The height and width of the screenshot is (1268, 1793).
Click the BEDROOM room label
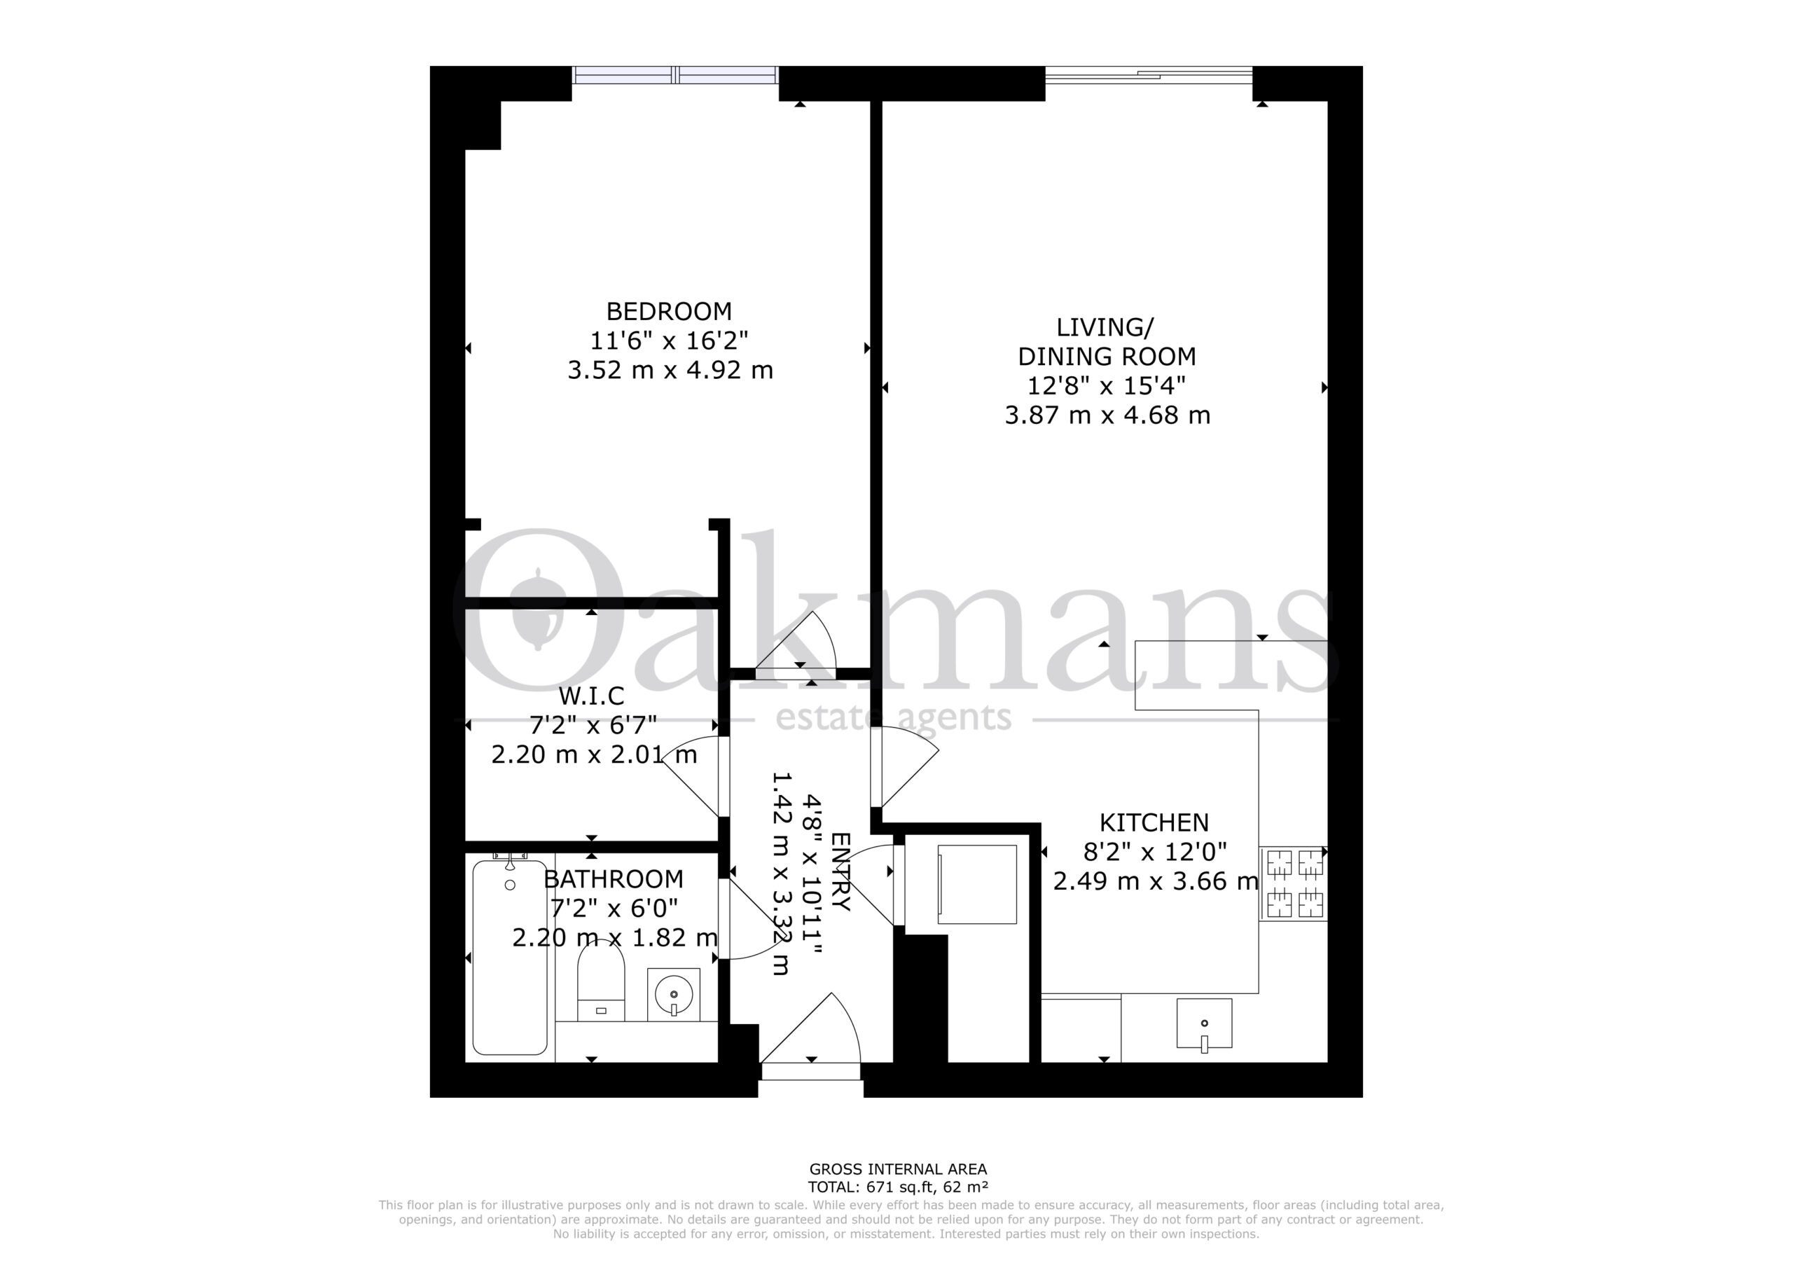(670, 312)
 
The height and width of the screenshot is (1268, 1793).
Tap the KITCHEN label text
(1154, 822)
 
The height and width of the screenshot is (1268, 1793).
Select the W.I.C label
(592, 696)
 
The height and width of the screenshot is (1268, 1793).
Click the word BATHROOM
(614, 879)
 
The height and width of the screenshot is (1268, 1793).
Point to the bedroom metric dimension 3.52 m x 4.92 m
(670, 369)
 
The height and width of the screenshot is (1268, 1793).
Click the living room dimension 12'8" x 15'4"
(1107, 385)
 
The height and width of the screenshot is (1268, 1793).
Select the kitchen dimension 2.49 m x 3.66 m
(1156, 881)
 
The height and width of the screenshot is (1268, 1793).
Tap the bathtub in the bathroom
(510, 957)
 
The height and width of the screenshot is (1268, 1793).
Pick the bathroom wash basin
(673, 995)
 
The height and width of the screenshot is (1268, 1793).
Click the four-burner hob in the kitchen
(1294, 883)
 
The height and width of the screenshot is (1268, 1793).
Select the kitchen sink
(1204, 1024)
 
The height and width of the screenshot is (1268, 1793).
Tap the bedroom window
(675, 75)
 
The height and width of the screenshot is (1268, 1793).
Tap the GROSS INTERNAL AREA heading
(898, 1169)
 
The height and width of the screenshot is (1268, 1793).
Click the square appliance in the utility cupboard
(977, 884)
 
